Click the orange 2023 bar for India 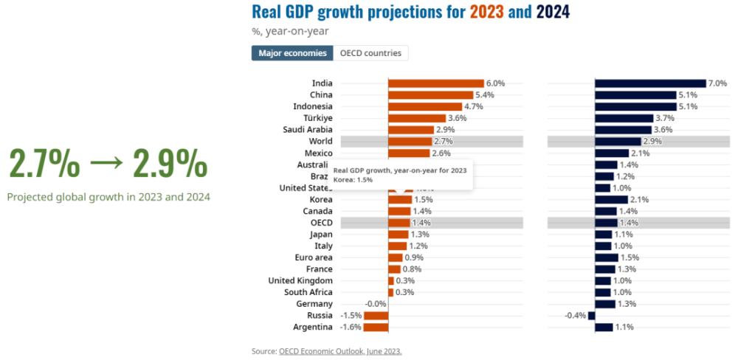coord(435,83)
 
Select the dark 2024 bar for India coord(649,83)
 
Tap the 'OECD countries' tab coord(370,53)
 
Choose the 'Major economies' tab coord(292,53)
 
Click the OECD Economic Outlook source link coord(340,351)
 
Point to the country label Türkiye coord(317,118)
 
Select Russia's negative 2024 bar coord(592,316)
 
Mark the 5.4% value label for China coord(485,95)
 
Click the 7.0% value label coord(717,83)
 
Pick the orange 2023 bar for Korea coord(400,199)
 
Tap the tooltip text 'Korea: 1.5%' coord(353,179)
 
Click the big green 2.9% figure coord(170,165)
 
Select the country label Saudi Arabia coord(308,130)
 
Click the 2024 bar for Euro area coord(607,257)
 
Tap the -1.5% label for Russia coord(351,316)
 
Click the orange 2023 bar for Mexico coord(409,153)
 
